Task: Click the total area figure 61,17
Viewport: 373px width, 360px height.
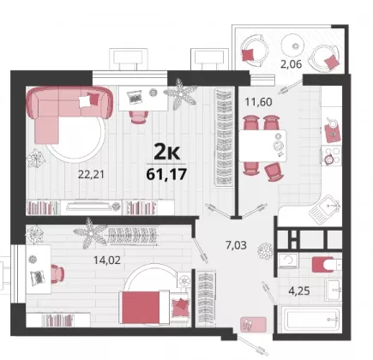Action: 166,174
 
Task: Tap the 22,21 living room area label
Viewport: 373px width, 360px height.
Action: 92,174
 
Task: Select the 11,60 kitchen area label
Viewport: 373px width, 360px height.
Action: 258,102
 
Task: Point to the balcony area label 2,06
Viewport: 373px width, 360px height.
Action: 291,64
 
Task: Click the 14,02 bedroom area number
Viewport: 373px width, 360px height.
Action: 107,260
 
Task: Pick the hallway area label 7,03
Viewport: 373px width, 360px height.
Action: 236,245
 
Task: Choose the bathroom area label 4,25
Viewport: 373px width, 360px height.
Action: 299,291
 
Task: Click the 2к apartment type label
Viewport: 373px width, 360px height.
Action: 167,152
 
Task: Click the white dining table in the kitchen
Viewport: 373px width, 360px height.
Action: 262,146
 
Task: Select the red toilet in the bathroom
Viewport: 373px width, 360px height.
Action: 323,265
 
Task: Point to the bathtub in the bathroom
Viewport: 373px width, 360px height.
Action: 312,318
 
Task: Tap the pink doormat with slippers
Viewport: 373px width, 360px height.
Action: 253,324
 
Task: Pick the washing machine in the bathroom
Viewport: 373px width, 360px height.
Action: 288,261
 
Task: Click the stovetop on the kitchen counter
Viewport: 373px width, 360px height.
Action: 331,156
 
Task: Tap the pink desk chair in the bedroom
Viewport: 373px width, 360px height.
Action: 57,273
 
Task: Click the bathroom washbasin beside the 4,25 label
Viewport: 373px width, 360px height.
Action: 334,289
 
